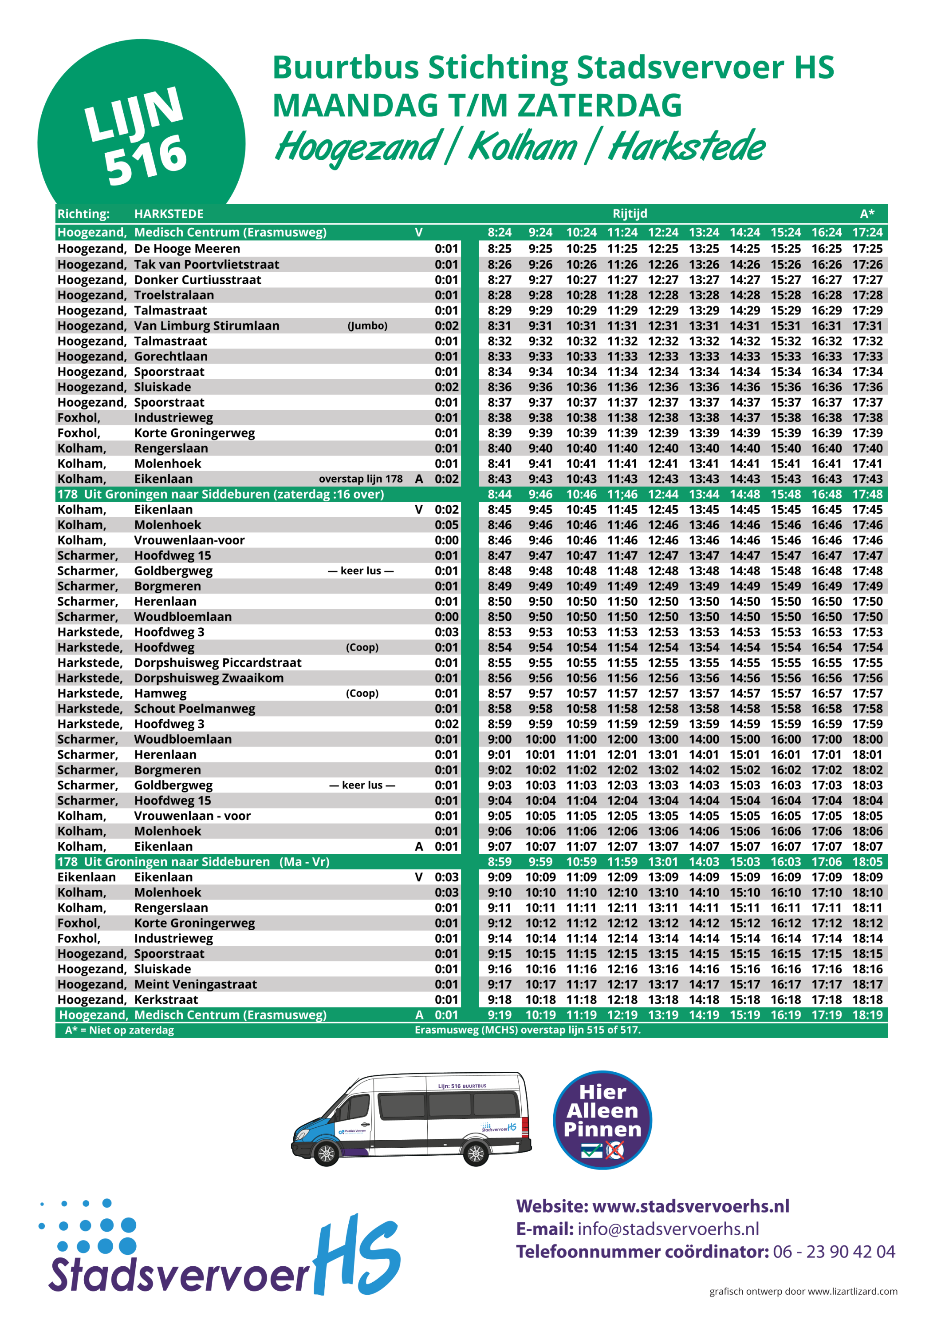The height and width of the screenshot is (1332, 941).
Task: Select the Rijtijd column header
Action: [630, 214]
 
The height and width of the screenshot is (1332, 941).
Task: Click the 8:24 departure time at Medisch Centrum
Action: [499, 233]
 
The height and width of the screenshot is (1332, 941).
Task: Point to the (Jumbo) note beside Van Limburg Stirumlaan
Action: [367, 326]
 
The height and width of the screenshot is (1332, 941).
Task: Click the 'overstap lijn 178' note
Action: [360, 479]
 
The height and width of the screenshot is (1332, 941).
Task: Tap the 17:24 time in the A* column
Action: [867, 233]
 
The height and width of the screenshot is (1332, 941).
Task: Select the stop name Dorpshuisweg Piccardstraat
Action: [217, 662]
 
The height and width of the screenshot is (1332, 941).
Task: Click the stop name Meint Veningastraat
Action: [195, 984]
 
